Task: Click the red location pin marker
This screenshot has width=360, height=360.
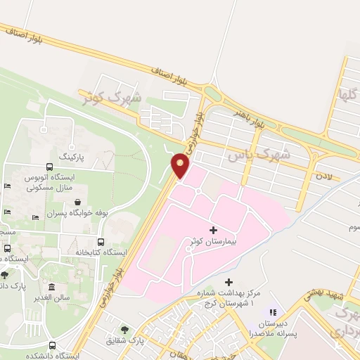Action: (181, 165)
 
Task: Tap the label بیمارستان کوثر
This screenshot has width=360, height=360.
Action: (213, 241)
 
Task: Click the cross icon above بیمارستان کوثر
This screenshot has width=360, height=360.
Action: (213, 230)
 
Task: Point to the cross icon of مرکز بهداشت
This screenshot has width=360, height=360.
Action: (228, 282)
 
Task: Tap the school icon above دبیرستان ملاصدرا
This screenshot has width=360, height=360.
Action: (274, 312)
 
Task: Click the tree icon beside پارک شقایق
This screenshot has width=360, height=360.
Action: (124, 330)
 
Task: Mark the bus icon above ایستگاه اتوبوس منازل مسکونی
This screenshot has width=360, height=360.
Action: (49, 167)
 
